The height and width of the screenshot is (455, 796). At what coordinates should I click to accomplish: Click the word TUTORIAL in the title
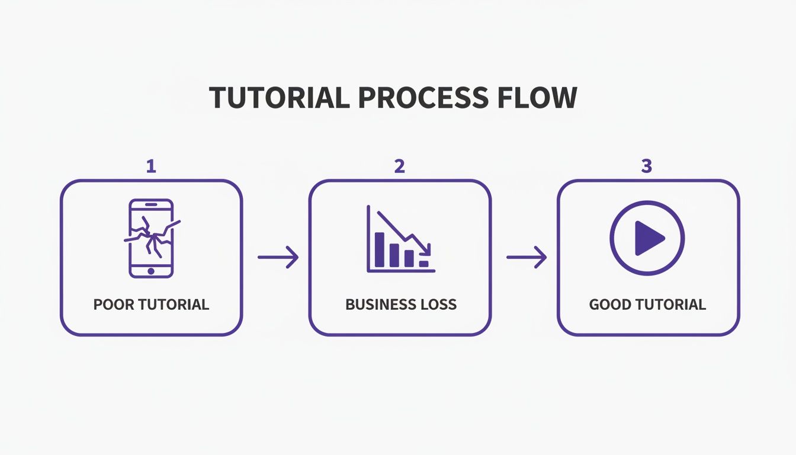(279, 98)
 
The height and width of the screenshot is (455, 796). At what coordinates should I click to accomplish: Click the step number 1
(151, 166)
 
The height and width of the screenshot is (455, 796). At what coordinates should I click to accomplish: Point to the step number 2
(400, 166)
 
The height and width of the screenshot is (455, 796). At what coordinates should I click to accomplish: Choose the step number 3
(647, 166)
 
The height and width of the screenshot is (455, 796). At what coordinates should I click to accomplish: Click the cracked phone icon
(151, 238)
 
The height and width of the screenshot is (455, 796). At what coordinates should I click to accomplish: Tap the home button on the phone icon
(151, 271)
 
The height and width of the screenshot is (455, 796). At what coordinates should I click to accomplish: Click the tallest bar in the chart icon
(380, 249)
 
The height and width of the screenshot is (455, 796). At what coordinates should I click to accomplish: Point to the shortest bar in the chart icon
(423, 264)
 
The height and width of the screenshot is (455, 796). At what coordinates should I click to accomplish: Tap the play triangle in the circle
(649, 238)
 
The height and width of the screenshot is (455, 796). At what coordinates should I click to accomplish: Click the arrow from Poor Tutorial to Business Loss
(278, 257)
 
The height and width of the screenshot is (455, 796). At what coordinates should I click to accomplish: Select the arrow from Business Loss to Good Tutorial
(527, 257)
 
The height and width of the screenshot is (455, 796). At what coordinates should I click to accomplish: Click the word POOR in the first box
(113, 305)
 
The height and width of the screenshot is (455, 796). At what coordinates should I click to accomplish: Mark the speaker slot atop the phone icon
(151, 204)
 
